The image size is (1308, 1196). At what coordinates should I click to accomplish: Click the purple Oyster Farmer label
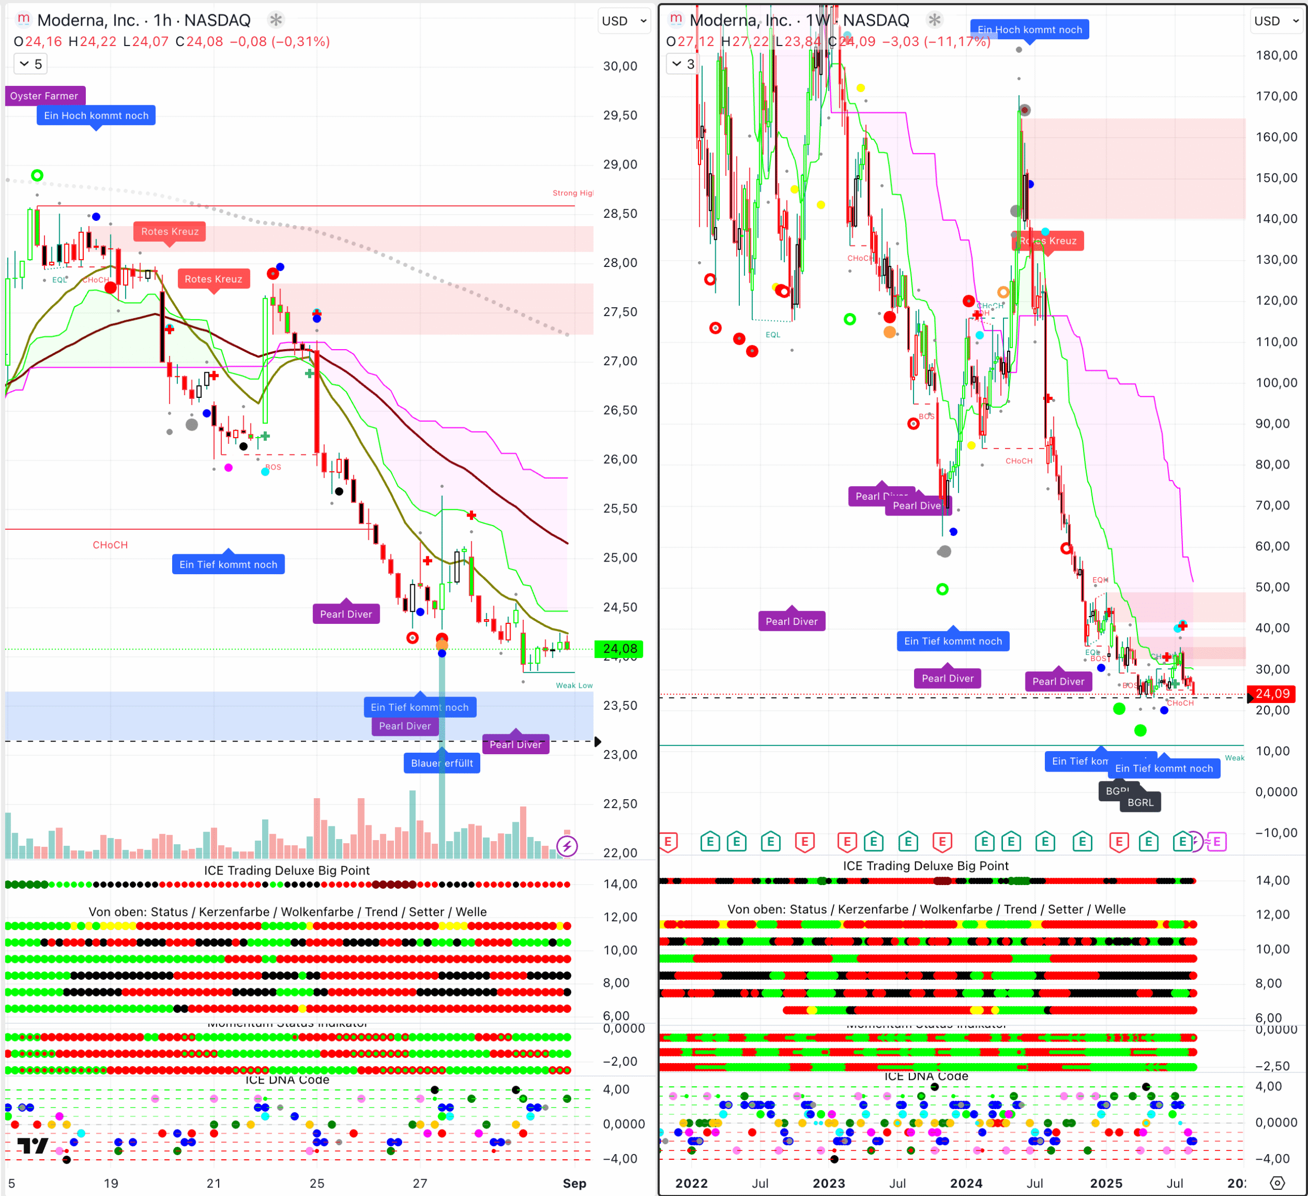[x=44, y=96]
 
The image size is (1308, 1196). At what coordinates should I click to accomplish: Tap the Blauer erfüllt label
[x=442, y=763]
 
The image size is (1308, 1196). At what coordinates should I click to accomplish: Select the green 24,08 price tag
[x=619, y=649]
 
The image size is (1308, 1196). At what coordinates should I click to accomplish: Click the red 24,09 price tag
[x=1272, y=694]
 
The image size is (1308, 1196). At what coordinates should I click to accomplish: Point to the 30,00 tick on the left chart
[x=619, y=66]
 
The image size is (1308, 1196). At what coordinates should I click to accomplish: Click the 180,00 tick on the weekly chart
[x=1276, y=55]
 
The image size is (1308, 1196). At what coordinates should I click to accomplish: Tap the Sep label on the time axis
[x=574, y=1183]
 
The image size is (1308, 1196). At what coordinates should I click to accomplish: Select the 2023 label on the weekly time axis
[x=829, y=1183]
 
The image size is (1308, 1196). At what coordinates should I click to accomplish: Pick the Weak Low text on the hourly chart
[x=573, y=685]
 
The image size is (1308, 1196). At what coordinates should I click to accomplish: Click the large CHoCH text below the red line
[x=110, y=545]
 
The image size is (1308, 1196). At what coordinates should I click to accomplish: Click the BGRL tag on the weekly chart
[x=1140, y=803]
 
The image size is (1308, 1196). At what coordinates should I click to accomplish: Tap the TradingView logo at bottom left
[x=32, y=1146]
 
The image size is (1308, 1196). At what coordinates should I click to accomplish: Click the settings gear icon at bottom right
[x=1277, y=1183]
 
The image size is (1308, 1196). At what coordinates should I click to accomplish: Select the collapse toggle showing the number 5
[x=30, y=64]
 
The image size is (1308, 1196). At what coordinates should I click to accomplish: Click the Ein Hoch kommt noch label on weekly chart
[x=1030, y=30]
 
